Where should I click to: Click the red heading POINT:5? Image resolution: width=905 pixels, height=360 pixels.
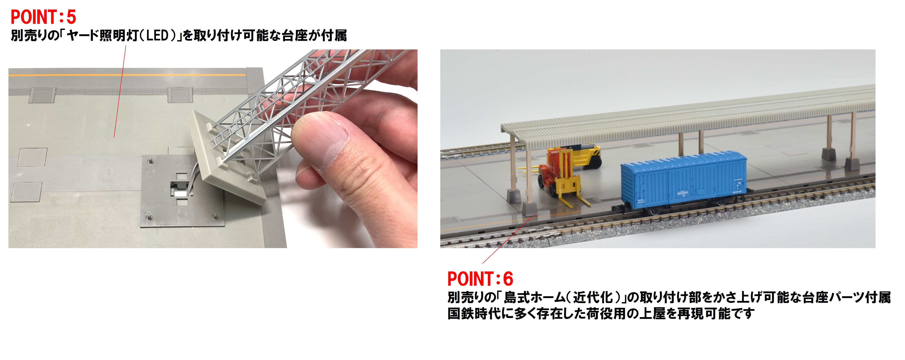(43, 17)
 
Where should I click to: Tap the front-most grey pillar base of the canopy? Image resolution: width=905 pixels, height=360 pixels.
(530, 209)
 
